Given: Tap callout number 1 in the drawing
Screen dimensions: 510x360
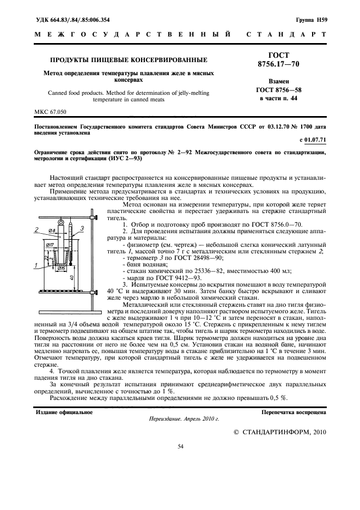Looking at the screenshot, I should [x=36, y=265].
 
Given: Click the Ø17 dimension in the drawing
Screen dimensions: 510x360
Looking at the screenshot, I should [x=50, y=245].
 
